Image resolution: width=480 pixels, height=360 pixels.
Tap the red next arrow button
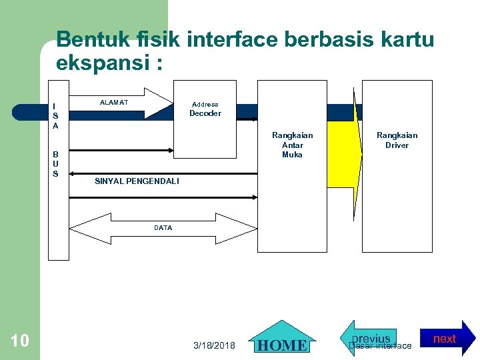pyautogui.click(x=448, y=339)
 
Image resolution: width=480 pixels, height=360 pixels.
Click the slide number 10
pyautogui.click(x=20, y=341)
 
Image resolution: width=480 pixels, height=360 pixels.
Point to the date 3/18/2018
pyautogui.click(x=214, y=345)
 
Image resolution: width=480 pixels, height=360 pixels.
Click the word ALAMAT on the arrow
pyautogui.click(x=113, y=103)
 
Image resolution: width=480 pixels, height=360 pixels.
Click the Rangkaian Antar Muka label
pyautogui.click(x=292, y=145)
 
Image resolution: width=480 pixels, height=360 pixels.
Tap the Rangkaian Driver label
pyautogui.click(x=397, y=140)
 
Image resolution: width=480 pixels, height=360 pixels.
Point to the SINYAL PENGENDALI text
pyautogui.click(x=137, y=181)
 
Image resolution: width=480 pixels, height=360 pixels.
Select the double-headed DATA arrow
pyautogui.click(x=163, y=228)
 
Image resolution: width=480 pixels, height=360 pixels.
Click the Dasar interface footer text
pyautogui.click(x=381, y=346)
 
